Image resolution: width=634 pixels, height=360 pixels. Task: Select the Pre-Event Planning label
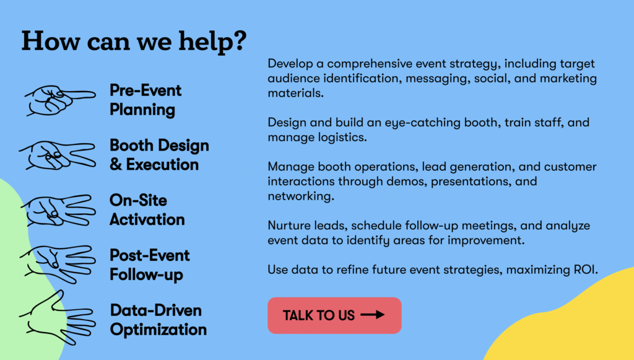[x=145, y=100]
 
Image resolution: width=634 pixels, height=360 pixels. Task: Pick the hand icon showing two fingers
[x=58, y=156]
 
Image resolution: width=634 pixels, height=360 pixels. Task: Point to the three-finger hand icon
[x=58, y=210]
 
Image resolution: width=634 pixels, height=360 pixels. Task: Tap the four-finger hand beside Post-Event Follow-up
[x=58, y=264]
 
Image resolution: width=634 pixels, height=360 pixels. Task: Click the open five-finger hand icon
[x=58, y=318]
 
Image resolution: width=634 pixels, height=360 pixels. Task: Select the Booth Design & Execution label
[x=159, y=155]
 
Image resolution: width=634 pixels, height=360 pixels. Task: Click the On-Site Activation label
[x=147, y=210]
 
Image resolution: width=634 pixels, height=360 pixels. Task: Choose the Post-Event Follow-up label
[x=150, y=265]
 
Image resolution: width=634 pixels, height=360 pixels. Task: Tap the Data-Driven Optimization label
[x=158, y=320]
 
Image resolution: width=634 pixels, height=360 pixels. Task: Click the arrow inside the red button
[x=372, y=315]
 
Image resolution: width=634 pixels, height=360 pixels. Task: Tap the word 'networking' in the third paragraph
[x=301, y=196]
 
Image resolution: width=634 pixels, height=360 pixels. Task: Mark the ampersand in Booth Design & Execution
[x=116, y=165]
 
